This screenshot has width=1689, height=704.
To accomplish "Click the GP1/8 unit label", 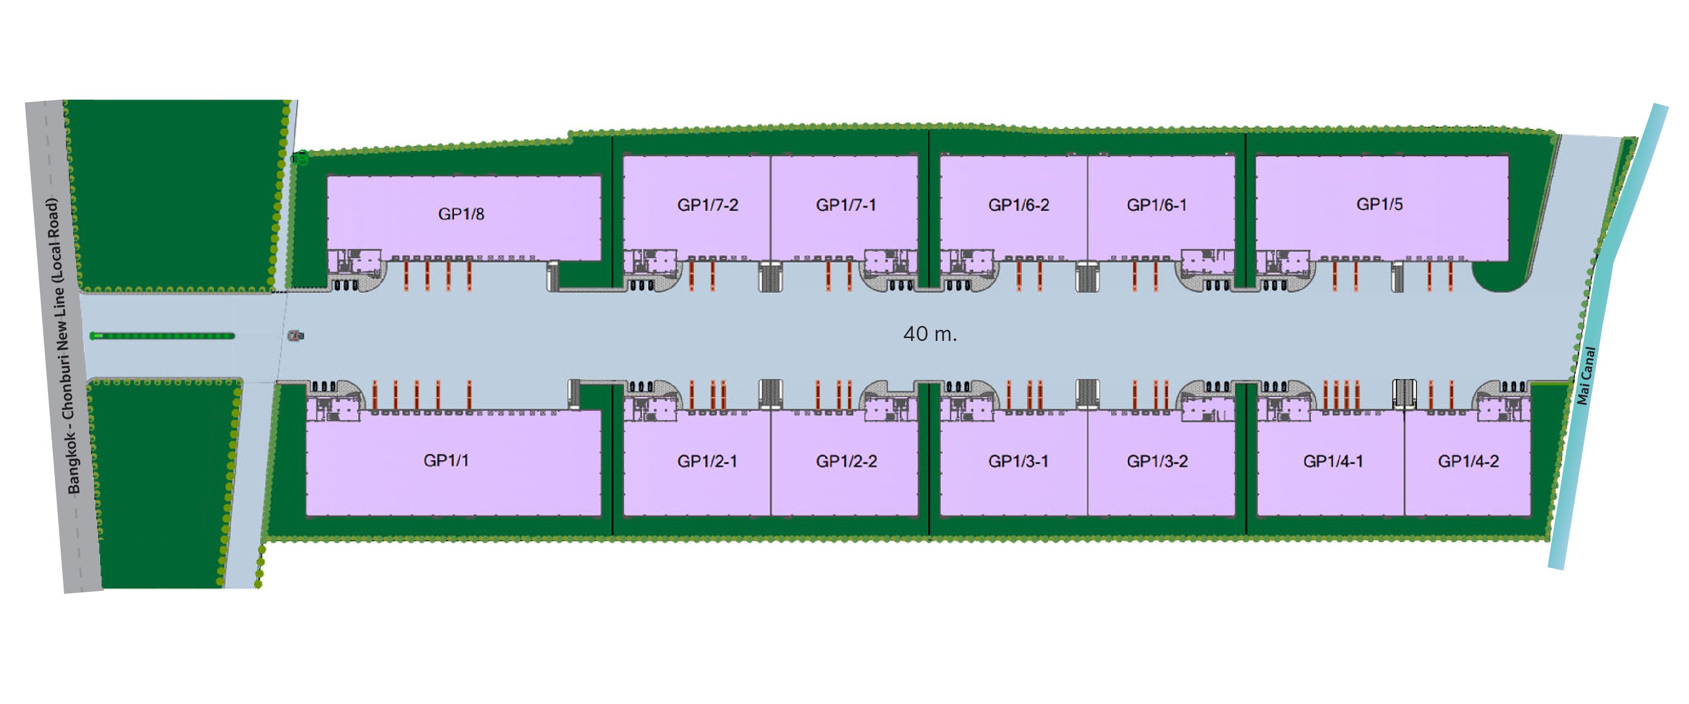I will coord(461,214).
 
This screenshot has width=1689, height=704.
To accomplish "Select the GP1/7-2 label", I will coord(707,205).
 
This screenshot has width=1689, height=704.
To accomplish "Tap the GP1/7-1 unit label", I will coord(846,205).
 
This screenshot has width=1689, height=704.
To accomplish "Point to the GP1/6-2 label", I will coord(1018,205).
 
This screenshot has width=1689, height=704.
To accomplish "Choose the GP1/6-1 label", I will coord(1156,205).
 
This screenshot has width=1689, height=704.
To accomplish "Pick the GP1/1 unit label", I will coord(446,460).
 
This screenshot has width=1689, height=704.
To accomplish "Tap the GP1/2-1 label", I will coord(707,461).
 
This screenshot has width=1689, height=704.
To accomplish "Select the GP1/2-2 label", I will coord(846,461).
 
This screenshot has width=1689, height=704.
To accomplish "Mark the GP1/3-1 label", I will coord(1018,461).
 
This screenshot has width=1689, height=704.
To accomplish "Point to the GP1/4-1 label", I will coord(1333,461).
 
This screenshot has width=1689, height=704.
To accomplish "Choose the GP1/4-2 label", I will coord(1468,461).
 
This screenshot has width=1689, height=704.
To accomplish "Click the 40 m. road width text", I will coord(930,334).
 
